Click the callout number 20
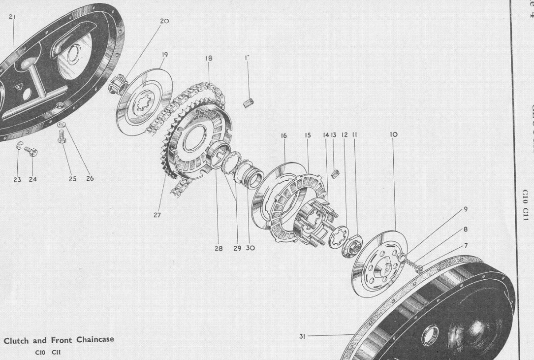click(x=164, y=21)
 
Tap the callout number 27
click(x=157, y=215)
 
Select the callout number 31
click(x=303, y=336)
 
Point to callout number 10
click(x=393, y=134)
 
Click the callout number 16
click(x=284, y=134)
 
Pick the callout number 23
click(x=17, y=179)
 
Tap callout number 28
click(x=219, y=248)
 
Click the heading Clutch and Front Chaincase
click(x=59, y=340)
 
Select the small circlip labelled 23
click(x=19, y=145)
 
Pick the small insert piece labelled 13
click(x=337, y=173)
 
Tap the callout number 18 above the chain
click(x=209, y=58)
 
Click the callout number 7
click(x=466, y=246)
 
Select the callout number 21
click(x=12, y=16)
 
